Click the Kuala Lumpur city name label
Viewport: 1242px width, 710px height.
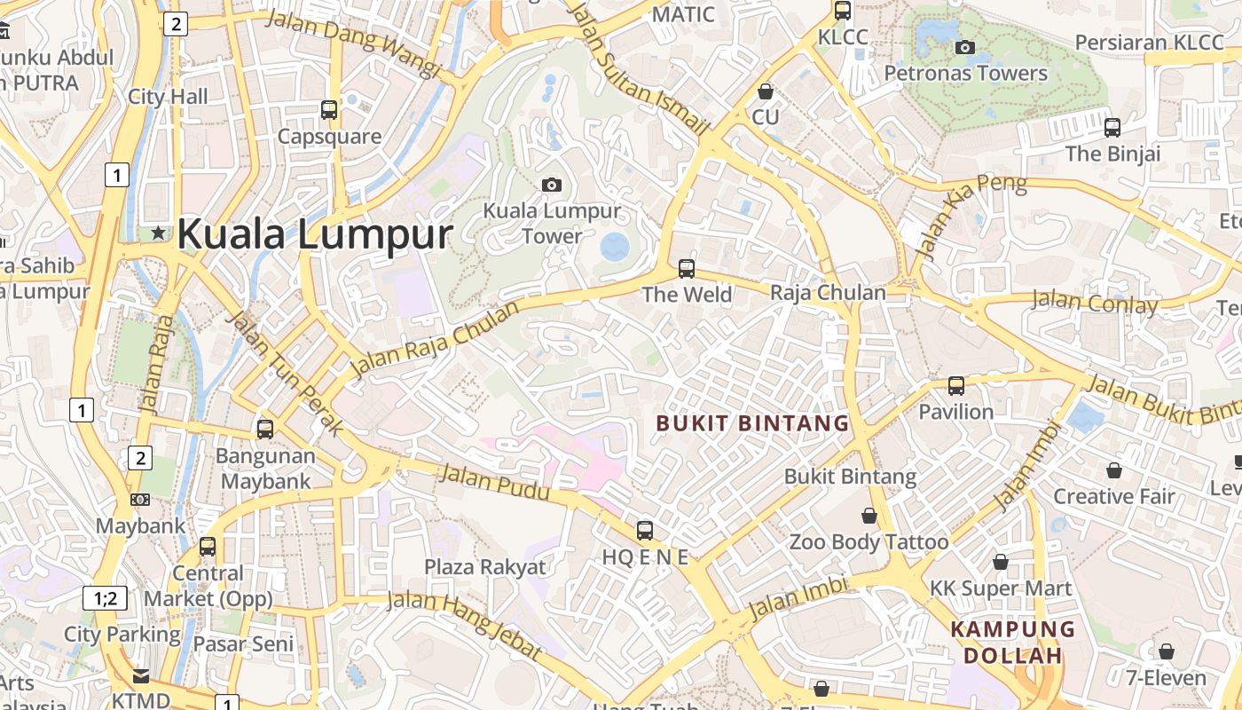point(315,235)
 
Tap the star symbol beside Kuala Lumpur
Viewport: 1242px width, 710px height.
point(159,233)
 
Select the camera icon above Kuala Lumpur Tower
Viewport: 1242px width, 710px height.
point(552,185)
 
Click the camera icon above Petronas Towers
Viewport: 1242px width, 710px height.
point(965,48)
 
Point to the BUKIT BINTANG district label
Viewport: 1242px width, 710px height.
point(752,423)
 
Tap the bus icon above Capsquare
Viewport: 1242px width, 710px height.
point(329,110)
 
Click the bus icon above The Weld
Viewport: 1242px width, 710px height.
point(686,268)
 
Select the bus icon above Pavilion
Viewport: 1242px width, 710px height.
point(955,386)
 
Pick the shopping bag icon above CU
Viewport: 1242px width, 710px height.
point(765,91)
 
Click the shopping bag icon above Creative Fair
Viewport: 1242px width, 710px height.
point(1113,470)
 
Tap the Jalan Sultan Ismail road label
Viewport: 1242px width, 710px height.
point(639,68)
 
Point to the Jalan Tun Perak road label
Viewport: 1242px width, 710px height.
point(285,373)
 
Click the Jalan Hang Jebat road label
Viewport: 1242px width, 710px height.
point(466,625)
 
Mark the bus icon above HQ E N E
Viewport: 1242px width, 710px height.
point(645,531)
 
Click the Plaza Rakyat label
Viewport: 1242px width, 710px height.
point(485,567)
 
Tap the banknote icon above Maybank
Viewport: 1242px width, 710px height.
point(140,500)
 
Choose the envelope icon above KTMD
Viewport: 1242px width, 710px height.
point(141,675)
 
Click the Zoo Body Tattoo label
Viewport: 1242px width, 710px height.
point(869,541)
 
